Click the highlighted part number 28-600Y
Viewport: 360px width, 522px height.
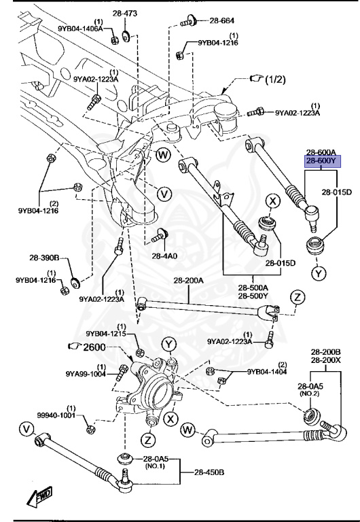pyautogui.click(x=321, y=161)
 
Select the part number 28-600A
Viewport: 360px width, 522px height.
pyautogui.click(x=321, y=153)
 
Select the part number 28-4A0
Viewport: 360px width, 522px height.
pyautogui.click(x=164, y=256)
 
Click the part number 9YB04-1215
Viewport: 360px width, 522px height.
pyautogui.click(x=105, y=333)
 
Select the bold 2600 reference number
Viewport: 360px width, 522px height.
pyautogui.click(x=95, y=347)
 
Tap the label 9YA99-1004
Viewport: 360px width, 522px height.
pyautogui.click(x=86, y=373)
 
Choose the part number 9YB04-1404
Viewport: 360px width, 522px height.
pyautogui.click(x=267, y=372)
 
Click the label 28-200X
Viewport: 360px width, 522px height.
pyautogui.click(x=325, y=359)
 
